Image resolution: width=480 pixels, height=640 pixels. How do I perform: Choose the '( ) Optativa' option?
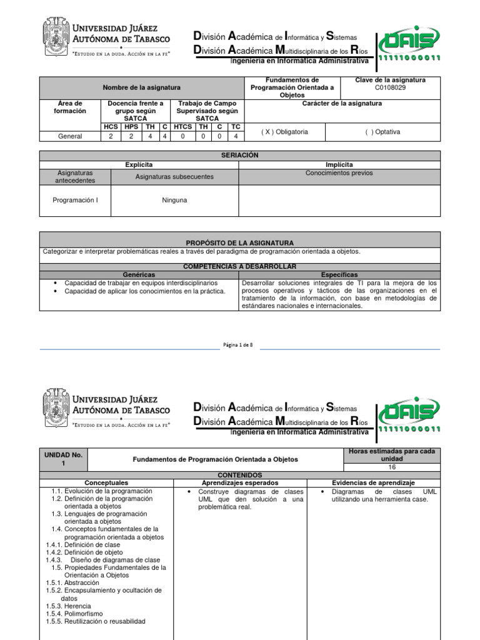coord(382,132)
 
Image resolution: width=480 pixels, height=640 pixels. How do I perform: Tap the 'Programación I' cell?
coord(75,200)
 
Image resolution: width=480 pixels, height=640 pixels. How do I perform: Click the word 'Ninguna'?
coord(174,200)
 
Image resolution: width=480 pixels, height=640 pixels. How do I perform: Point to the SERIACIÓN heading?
coord(239,155)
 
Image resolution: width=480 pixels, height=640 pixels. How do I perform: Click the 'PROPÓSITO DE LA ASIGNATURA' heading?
coord(239,242)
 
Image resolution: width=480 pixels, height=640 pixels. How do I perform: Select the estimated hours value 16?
coord(392,467)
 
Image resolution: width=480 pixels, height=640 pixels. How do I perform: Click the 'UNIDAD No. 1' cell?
coord(63,459)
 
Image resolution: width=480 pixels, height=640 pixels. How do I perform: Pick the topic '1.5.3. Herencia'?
coord(68,606)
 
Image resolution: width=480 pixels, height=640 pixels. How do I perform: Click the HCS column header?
coord(111,126)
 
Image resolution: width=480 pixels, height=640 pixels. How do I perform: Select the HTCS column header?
coord(182,126)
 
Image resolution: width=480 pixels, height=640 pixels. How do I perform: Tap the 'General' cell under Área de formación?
coord(70,136)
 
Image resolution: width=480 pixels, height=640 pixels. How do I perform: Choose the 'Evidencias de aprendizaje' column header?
coord(373,482)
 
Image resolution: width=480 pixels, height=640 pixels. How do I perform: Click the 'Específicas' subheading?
coord(339,274)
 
